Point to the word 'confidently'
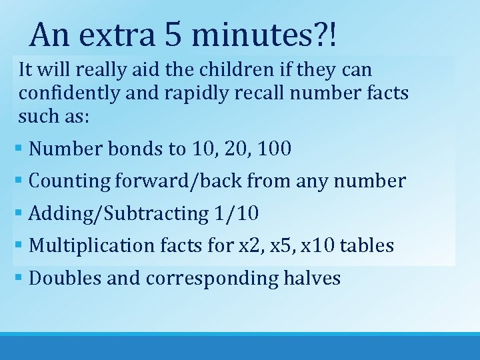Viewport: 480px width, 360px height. (68, 93)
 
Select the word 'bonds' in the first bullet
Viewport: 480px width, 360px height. (135, 149)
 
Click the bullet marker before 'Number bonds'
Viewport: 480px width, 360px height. (21, 149)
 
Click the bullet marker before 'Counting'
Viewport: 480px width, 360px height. (21, 181)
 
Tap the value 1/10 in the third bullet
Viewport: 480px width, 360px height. (237, 213)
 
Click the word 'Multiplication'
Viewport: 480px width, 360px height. (92, 246)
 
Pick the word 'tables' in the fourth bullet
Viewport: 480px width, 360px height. (367, 246)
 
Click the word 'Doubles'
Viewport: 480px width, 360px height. (65, 278)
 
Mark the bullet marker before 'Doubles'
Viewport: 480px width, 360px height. (21, 278)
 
